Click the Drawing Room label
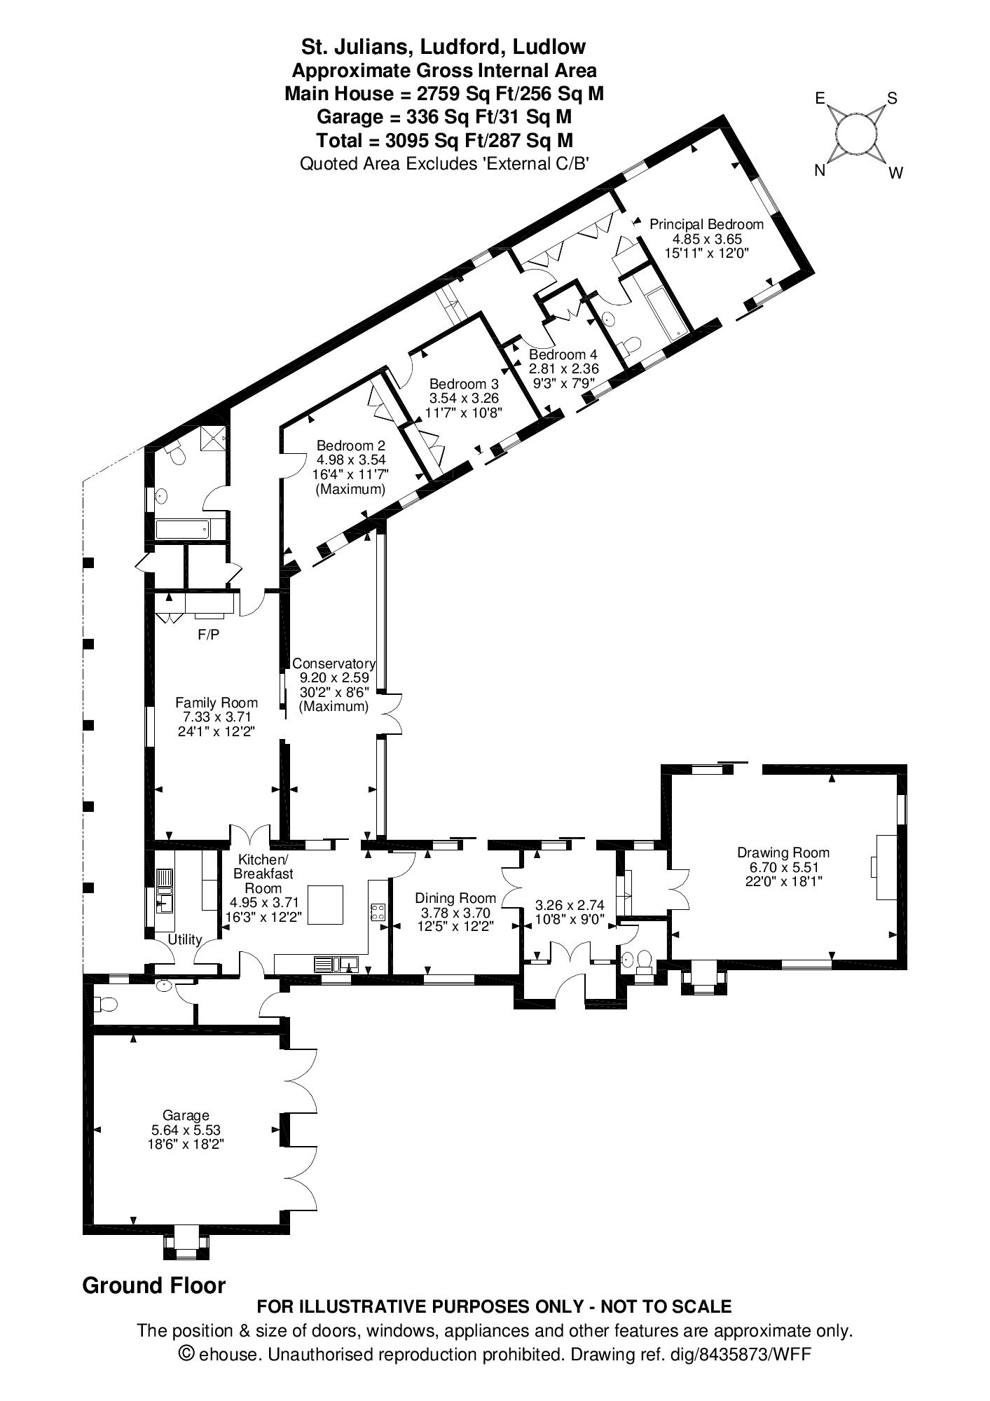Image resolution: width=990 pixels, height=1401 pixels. [x=783, y=853]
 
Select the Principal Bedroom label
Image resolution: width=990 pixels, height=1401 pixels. [x=706, y=224]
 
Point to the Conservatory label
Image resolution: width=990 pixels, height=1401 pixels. [x=334, y=663]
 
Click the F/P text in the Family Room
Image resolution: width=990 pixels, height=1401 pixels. [x=208, y=635]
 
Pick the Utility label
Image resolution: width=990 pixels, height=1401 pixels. [x=185, y=939]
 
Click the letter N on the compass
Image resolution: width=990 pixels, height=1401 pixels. [x=819, y=170]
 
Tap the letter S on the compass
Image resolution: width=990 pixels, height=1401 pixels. [x=892, y=98]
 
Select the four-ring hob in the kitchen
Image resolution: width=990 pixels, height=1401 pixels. [x=377, y=911]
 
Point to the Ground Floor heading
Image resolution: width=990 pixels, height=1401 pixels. [x=154, y=1285]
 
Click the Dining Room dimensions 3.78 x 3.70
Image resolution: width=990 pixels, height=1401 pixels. [x=455, y=913]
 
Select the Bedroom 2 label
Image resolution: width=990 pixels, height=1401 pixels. [x=350, y=446]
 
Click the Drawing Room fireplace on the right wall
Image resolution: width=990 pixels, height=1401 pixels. [x=884, y=867]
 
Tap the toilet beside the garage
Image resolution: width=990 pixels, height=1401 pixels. [x=106, y=1005]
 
